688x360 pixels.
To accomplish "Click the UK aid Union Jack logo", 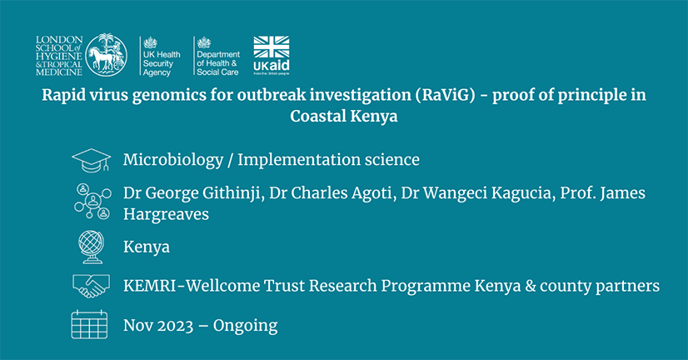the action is [x=272, y=56].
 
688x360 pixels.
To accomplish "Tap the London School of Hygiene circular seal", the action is [x=106, y=55].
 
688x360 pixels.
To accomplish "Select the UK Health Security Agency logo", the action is [x=161, y=56].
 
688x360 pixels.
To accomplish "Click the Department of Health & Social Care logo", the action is [x=217, y=56].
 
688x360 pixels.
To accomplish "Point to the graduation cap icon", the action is [x=92, y=160].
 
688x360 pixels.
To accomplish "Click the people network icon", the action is [x=92, y=202].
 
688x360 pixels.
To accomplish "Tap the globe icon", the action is [x=92, y=247].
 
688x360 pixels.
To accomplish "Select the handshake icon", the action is [x=92, y=286].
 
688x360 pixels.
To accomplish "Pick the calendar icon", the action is [x=89, y=324].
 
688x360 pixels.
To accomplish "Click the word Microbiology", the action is [x=173, y=160].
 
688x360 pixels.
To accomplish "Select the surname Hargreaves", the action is [x=167, y=214].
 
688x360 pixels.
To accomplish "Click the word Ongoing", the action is [x=245, y=326].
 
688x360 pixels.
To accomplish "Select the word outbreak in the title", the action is [x=271, y=95].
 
